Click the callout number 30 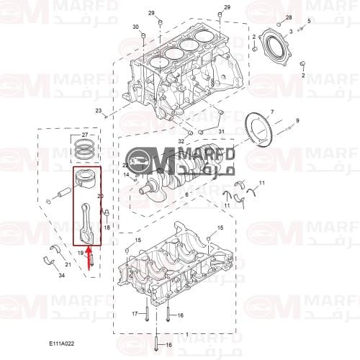135,27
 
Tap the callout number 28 289,17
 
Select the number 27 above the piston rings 84,135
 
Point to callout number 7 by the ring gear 272,112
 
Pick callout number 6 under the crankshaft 187,194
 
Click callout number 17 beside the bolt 135,314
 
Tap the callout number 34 62,275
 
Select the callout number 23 99,110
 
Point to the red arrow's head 89,250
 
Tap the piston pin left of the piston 62,193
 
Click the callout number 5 309,21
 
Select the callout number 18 106,227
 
